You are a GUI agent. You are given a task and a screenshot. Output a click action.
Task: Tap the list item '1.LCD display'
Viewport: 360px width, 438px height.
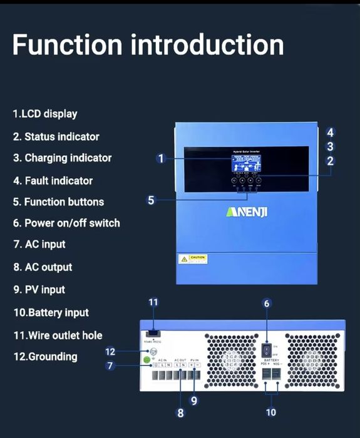44,114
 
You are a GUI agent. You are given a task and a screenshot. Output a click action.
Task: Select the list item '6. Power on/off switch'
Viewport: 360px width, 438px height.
66,223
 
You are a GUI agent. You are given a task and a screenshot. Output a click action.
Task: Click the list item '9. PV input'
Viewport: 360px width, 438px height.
39,290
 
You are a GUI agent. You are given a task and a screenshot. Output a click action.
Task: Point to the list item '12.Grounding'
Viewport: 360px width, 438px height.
45,357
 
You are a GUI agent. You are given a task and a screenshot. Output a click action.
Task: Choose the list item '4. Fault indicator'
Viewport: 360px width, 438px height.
53,181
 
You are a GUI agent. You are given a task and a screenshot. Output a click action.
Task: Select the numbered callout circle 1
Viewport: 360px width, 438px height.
161,158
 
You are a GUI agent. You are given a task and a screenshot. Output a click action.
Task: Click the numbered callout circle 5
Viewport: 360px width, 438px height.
151,200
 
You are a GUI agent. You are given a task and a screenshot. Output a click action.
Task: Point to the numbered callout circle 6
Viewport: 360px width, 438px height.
267,303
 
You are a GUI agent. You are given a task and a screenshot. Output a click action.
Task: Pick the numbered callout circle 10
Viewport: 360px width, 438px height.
270,412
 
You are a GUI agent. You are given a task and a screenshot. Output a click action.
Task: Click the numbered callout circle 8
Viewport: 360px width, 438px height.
180,412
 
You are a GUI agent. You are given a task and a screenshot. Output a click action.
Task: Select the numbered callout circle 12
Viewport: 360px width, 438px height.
110,352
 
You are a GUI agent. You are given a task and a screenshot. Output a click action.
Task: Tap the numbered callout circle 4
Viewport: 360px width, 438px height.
331,132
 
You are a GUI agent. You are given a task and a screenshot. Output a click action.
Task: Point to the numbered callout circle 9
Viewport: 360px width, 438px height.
194,401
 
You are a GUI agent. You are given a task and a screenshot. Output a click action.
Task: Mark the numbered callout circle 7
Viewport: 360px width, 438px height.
110,366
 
